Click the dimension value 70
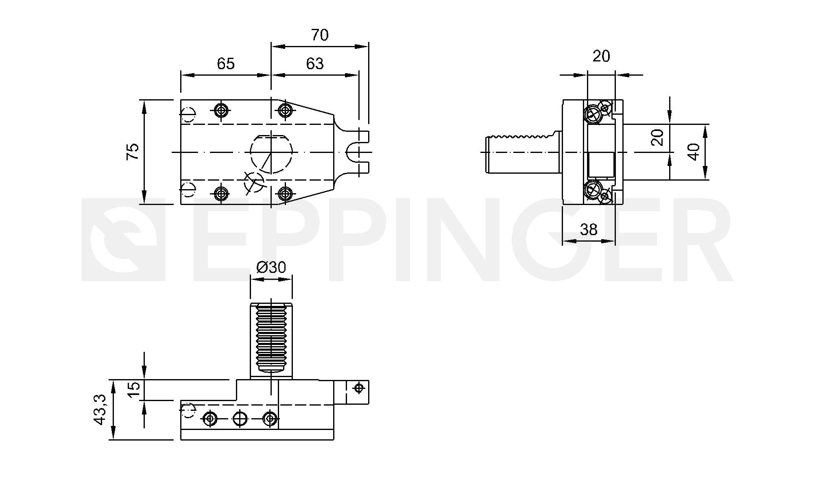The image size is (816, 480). tap(320, 35)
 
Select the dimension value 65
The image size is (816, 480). tap(226, 63)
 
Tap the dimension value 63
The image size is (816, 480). tap(315, 63)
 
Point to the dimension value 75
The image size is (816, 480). tap(133, 151)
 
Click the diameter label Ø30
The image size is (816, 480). tap(271, 267)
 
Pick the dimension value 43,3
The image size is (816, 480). tap(100, 410)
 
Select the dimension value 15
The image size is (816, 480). tap(134, 390)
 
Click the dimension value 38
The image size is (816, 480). tap(589, 230)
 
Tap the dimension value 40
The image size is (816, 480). tap(694, 152)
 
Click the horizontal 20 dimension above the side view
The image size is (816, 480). tap(601, 56)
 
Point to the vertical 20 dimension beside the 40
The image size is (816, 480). tap(658, 137)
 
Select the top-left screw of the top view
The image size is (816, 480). tap(221, 109)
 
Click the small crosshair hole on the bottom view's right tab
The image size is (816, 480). tap(358, 388)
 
